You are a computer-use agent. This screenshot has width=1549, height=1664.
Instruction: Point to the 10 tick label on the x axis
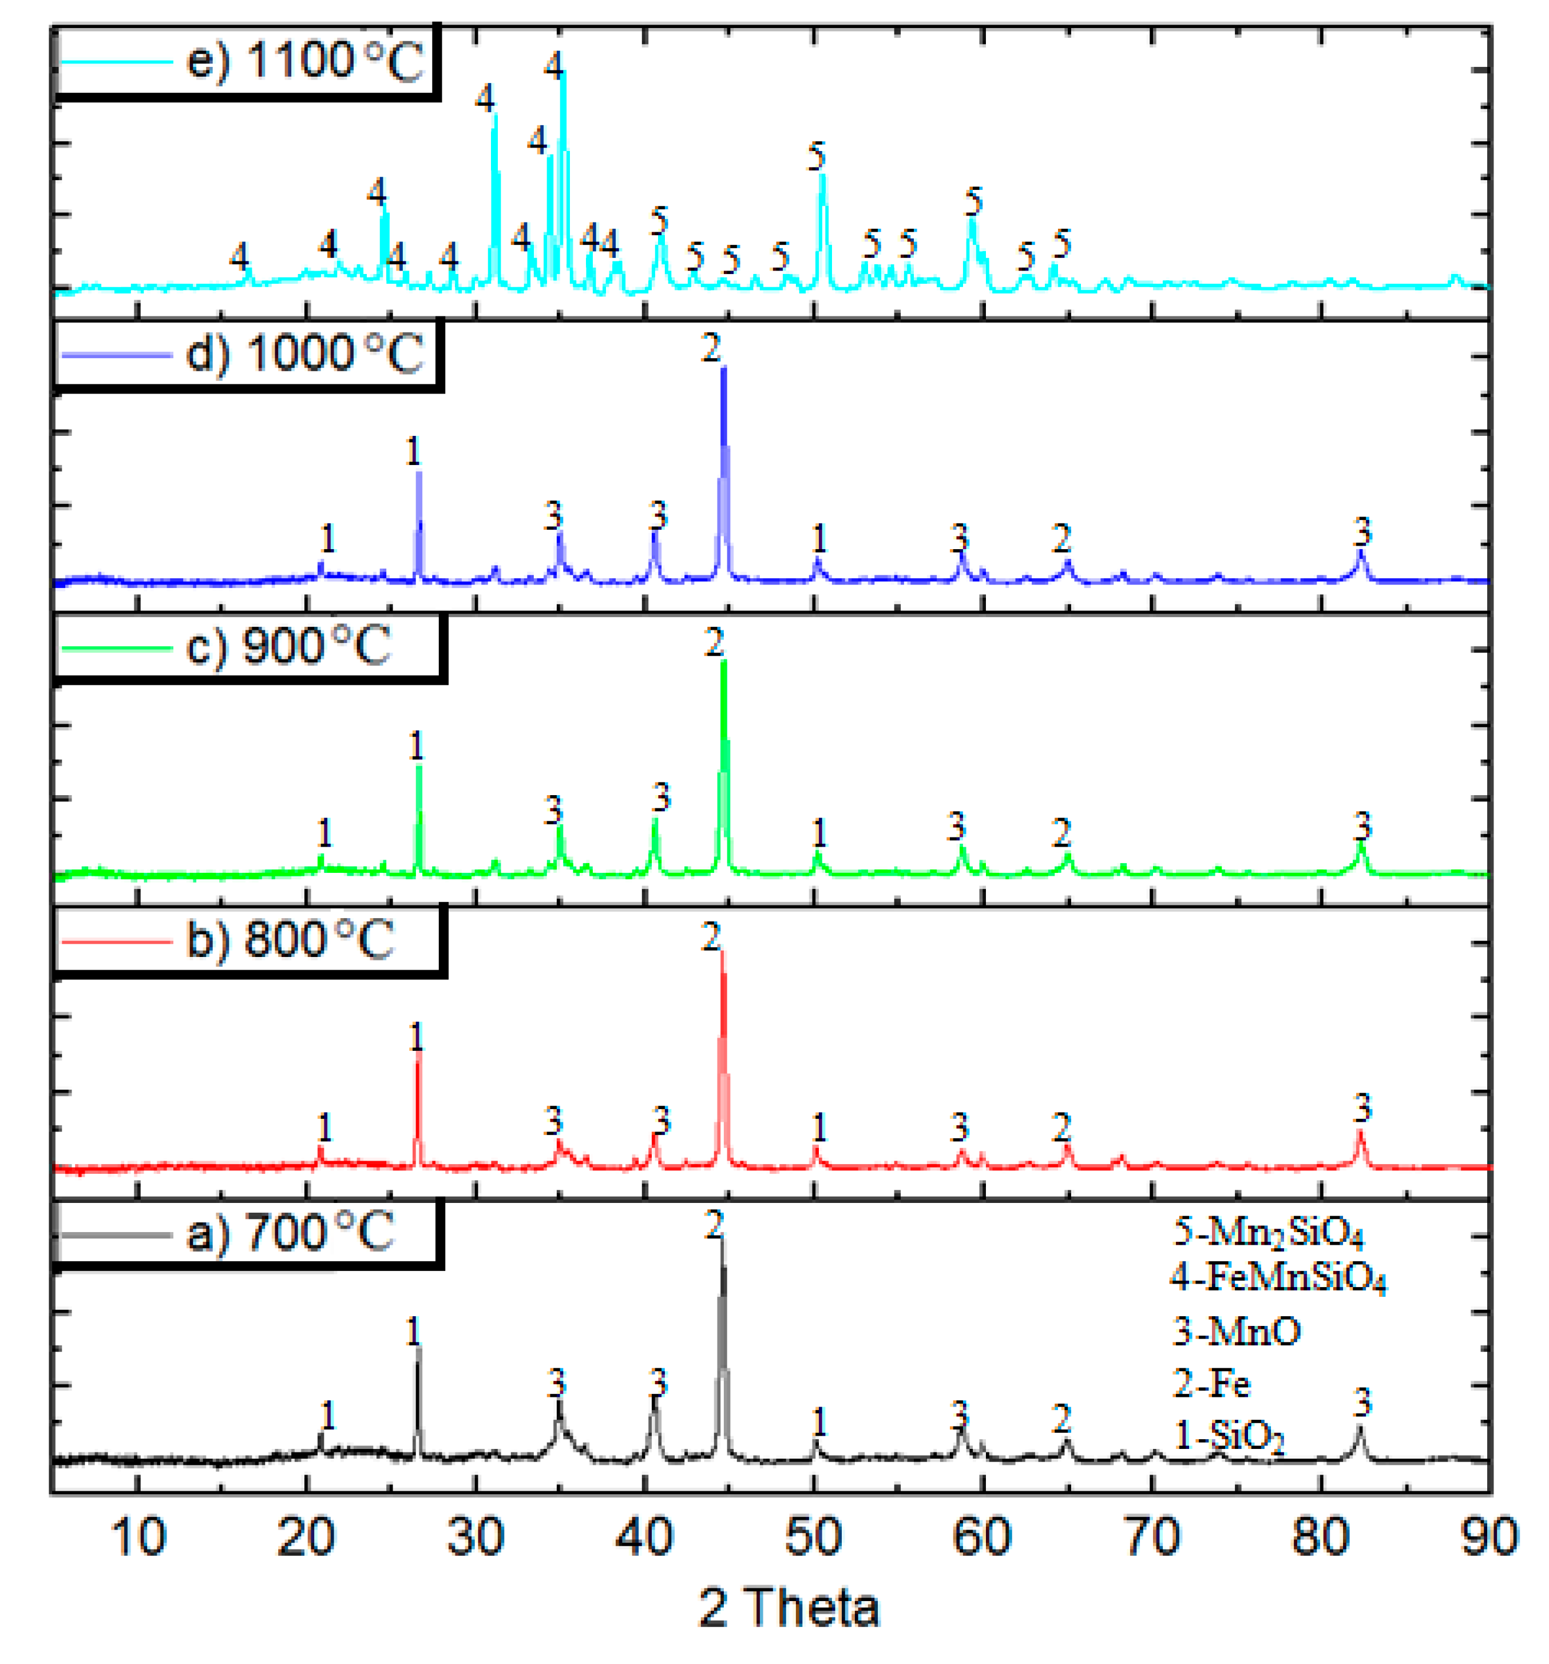138,1537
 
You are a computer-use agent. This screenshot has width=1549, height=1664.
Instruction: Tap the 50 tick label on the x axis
813,1537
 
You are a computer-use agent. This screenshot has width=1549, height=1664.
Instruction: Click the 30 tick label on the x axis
475,1537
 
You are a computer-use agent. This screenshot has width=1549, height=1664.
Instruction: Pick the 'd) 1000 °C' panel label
304,354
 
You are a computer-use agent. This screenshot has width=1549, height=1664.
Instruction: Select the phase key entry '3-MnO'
1236,1331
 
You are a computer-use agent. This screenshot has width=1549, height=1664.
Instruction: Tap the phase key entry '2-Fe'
1211,1383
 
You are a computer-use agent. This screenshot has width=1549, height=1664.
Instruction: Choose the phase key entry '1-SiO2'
1229,1436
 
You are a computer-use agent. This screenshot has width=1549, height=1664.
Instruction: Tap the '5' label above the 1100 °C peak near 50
817,157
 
